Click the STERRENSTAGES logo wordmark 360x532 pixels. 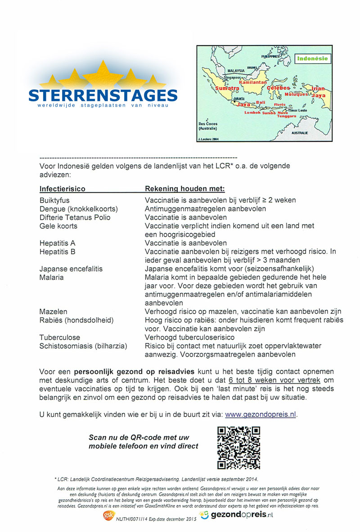click(103, 95)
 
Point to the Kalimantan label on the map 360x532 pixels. click(253, 83)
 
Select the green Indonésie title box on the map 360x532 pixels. click(312, 59)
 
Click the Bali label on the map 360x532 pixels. click(261, 103)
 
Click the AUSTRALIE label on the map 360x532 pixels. click(300, 133)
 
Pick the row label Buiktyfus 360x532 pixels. click(54, 200)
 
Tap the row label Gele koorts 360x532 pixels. click(58, 226)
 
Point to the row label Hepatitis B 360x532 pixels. click(57, 252)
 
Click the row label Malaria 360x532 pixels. click(51, 277)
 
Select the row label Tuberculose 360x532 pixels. click(59, 337)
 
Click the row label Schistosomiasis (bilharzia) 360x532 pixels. click(83, 346)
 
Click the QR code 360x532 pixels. click(239, 448)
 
